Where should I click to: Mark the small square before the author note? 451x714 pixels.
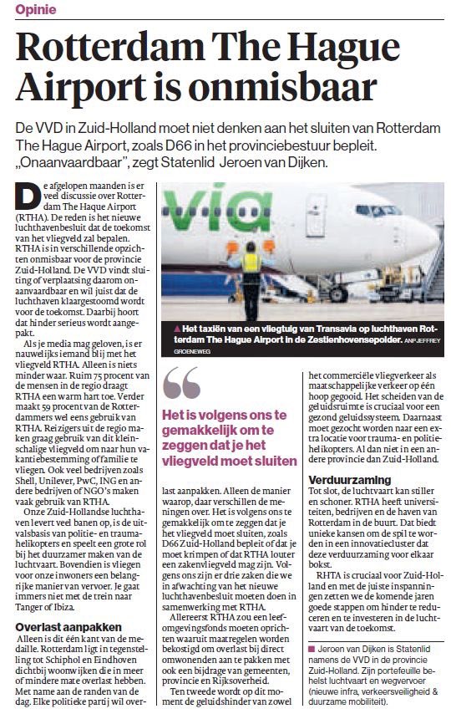(x=312, y=648)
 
